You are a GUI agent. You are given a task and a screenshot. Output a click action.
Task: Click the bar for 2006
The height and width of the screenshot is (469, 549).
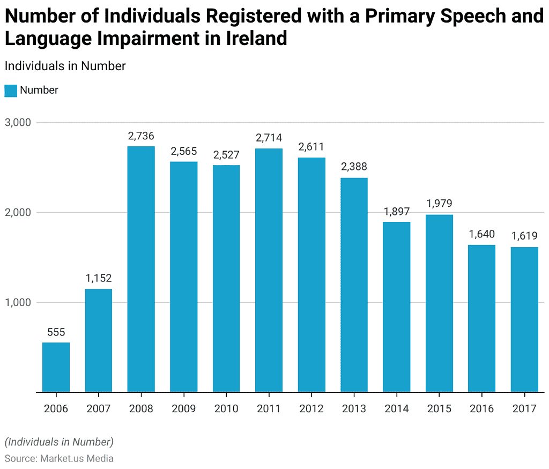click(56, 367)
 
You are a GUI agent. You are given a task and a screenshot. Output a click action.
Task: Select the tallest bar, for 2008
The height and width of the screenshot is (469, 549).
click(141, 269)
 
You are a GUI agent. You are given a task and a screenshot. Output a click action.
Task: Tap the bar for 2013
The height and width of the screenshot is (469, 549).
click(354, 285)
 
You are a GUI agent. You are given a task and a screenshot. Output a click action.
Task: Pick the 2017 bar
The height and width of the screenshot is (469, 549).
click(524, 319)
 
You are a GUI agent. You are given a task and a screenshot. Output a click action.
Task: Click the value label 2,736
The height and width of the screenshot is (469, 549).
click(141, 136)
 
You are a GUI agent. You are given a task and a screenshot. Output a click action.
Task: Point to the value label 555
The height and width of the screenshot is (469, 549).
click(56, 332)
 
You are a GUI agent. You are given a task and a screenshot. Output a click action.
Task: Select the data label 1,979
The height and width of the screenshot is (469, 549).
click(439, 204)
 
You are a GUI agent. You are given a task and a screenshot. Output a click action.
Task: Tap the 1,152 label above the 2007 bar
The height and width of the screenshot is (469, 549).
click(99, 278)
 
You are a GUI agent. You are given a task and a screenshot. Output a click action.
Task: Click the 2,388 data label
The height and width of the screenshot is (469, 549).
click(354, 167)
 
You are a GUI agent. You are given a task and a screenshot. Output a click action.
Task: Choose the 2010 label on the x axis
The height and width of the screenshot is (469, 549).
click(226, 409)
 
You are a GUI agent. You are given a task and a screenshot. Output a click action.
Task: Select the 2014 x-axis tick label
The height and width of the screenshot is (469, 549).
click(397, 409)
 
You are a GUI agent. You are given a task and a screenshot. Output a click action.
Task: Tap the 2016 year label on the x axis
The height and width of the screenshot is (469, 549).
click(481, 409)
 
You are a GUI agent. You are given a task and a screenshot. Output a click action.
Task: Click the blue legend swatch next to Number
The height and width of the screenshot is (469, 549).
click(11, 91)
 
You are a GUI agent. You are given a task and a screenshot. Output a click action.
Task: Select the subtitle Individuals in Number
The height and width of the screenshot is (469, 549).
click(65, 66)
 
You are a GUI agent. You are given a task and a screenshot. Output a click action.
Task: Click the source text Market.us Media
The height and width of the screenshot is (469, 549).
click(75, 458)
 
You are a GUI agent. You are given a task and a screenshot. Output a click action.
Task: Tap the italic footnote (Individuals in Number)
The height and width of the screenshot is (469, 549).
click(59, 442)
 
